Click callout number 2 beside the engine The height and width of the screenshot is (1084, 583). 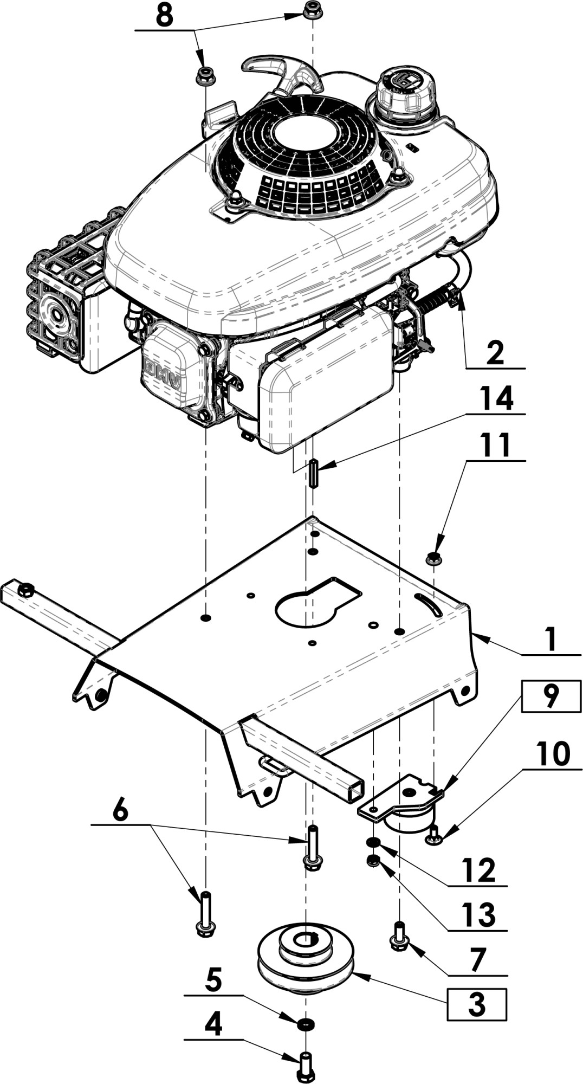tap(495, 353)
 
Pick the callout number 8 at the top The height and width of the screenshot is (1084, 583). tap(164, 15)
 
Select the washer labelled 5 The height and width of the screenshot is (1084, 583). tap(306, 1024)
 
